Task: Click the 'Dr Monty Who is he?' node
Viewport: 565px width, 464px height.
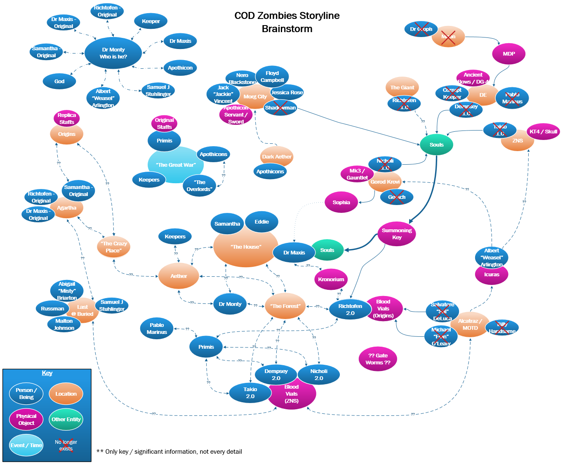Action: click(113, 53)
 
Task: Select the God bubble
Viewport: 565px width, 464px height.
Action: click(59, 82)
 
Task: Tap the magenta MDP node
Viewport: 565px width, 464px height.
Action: click(508, 54)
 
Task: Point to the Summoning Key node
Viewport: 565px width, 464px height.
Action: click(396, 234)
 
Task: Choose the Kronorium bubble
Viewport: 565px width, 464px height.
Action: click(331, 280)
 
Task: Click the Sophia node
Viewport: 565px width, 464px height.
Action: click(341, 203)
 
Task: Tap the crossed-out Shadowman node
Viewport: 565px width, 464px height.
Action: click(280, 108)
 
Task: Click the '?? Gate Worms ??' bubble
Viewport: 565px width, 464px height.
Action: click(378, 359)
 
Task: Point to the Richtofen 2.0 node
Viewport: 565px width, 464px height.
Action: click(350, 310)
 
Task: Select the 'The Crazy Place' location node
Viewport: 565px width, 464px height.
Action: click(113, 247)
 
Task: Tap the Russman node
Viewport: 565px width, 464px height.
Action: click(52, 309)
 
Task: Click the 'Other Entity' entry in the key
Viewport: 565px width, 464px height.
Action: click(66, 420)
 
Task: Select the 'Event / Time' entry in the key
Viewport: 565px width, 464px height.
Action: click(26, 445)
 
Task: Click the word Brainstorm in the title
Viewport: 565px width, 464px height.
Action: click(287, 29)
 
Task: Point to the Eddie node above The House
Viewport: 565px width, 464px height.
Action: click(261, 222)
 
